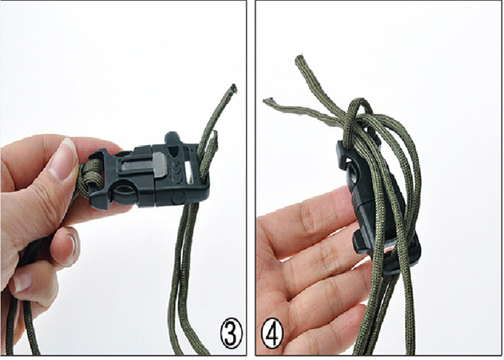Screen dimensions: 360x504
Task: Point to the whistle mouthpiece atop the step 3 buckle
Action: click(x=173, y=139)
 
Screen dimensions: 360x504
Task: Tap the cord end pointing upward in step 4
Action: click(x=301, y=61)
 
